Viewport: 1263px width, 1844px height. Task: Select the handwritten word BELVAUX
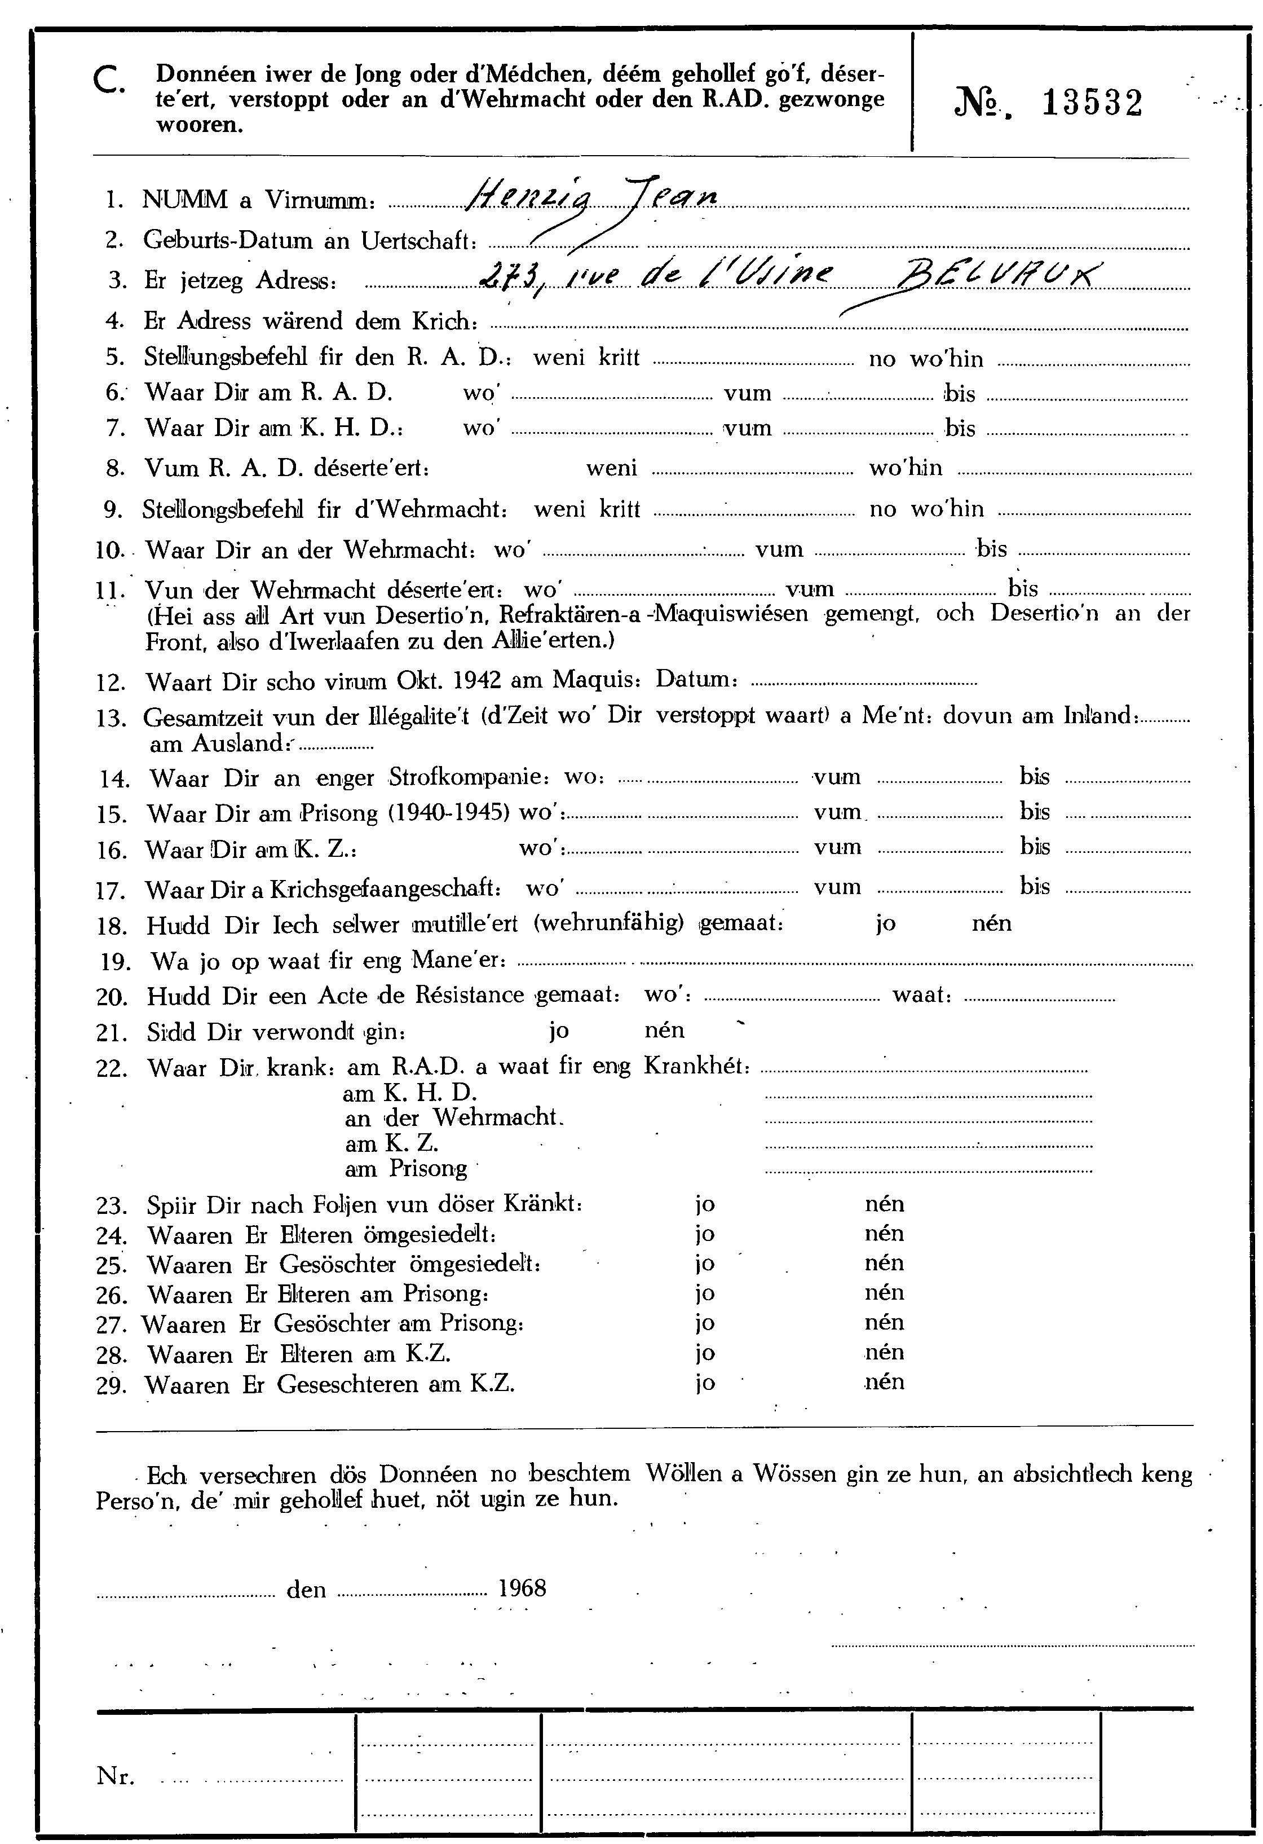point(996,277)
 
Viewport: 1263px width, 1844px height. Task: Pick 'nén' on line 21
point(664,1031)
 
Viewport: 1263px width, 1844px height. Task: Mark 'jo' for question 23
point(704,1204)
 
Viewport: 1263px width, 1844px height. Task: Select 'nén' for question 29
point(885,1382)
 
